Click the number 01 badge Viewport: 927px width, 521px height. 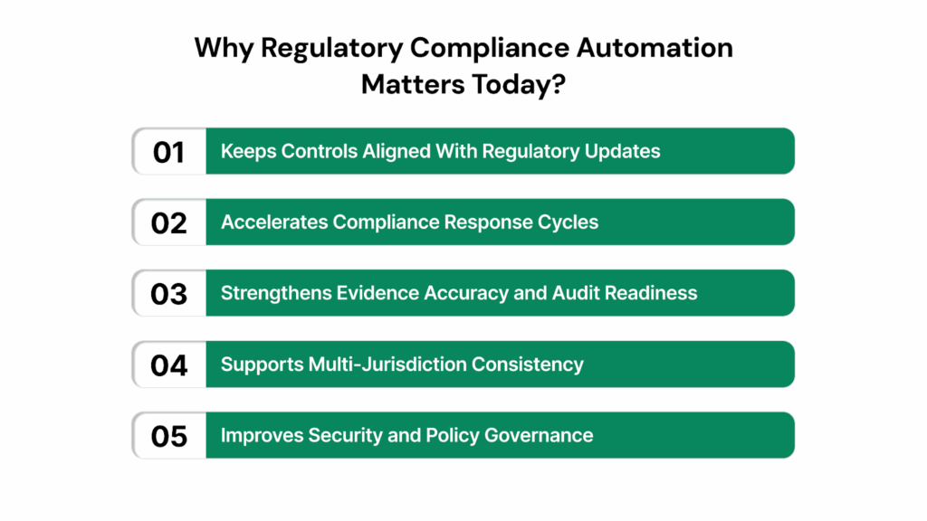[168, 151]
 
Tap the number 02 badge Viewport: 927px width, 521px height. [168, 223]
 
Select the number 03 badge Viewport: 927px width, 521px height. [168, 293]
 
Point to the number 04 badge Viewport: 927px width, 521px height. [168, 365]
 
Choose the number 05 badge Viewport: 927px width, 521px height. [168, 436]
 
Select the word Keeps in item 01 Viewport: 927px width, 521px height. [248, 151]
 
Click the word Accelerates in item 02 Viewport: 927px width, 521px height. [274, 223]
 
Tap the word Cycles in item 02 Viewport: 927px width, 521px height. [569, 223]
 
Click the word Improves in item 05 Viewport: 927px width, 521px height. [262, 436]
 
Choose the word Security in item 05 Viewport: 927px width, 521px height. [343, 436]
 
